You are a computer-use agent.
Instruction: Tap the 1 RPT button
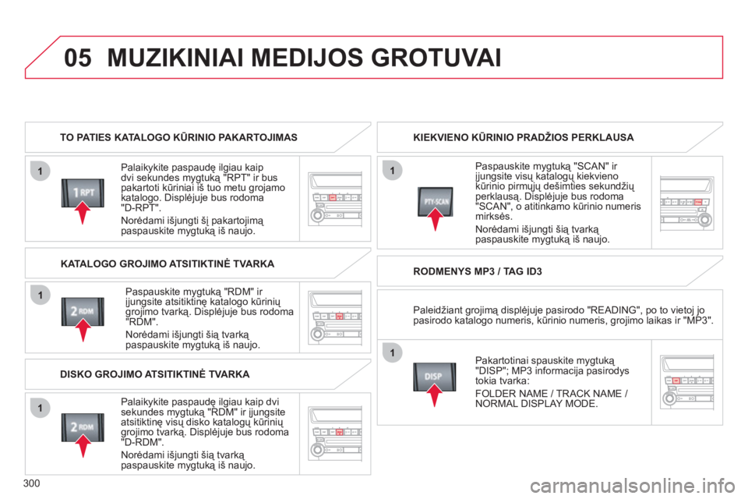(83, 192)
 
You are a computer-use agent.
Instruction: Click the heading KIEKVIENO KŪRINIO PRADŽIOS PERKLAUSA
(523, 137)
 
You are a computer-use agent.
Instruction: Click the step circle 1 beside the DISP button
(393, 353)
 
